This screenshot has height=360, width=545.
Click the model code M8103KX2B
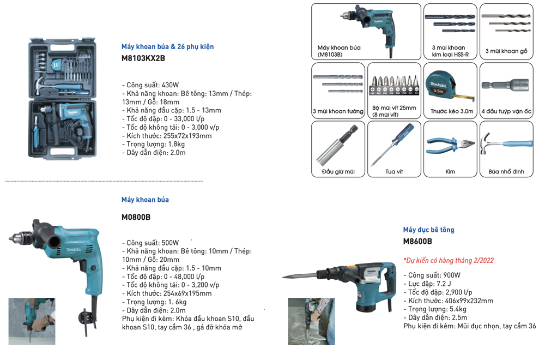(x=143, y=58)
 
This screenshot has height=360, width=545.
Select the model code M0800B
(x=136, y=217)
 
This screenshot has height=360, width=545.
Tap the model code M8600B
(x=417, y=241)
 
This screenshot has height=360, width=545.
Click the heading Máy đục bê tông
(x=428, y=230)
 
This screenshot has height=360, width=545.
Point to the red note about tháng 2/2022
(x=448, y=260)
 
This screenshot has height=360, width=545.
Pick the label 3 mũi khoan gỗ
(x=506, y=51)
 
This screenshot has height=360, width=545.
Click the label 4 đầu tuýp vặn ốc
(x=506, y=111)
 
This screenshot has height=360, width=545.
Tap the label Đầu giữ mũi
(x=338, y=172)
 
